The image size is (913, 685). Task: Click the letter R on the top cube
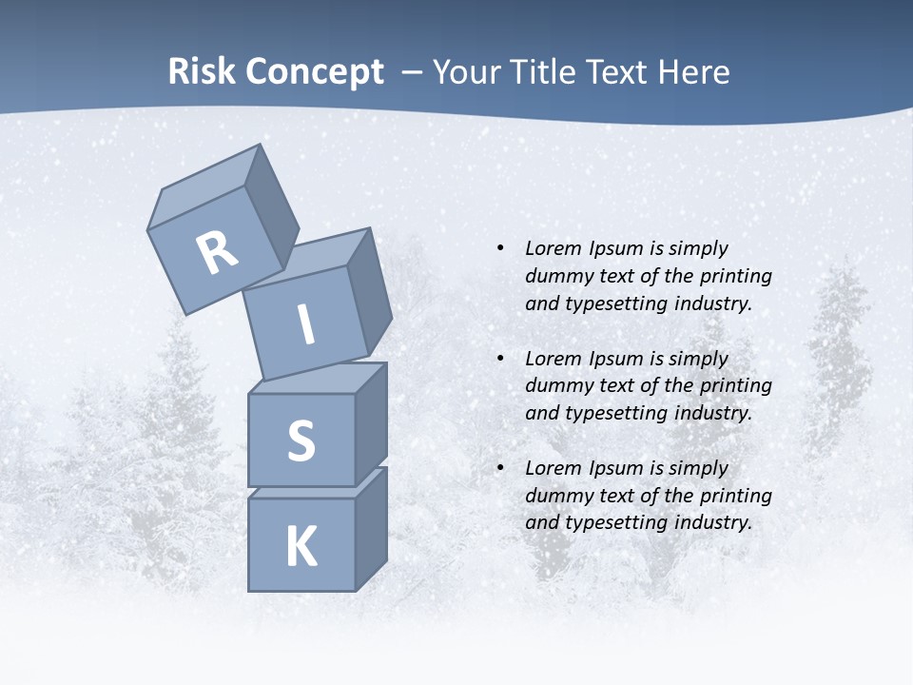(x=217, y=254)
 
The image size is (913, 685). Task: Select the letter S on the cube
(x=301, y=440)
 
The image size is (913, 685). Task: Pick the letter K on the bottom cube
(x=301, y=547)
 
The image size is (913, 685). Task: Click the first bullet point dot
(x=499, y=248)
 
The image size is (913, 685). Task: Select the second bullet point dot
(x=499, y=359)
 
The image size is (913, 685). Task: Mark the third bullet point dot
(x=499, y=468)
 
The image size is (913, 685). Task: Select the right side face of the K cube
(x=371, y=528)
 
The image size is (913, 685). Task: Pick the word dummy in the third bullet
(x=557, y=496)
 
